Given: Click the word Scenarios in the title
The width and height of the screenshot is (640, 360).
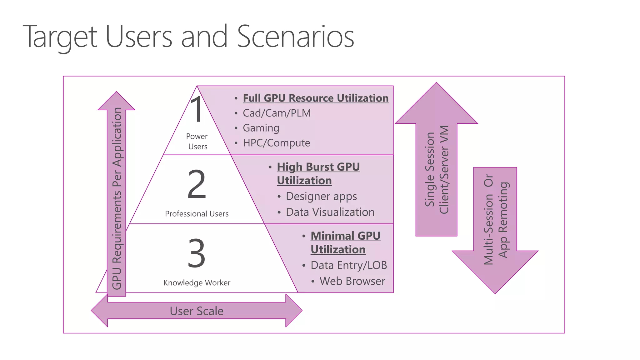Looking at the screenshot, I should click(295, 37).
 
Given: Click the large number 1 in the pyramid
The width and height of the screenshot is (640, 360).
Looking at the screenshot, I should click(197, 109).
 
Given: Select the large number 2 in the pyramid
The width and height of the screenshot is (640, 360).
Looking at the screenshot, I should click(197, 184).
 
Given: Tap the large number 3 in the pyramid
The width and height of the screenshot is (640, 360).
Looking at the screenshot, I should click(197, 253).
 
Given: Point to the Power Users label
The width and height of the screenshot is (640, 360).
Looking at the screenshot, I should click(197, 141).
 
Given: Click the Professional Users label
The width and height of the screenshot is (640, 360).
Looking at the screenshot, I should click(197, 214).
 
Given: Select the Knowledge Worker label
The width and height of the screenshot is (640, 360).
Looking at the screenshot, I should click(197, 282).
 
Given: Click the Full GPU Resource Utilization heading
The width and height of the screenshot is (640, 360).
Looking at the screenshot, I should click(316, 98).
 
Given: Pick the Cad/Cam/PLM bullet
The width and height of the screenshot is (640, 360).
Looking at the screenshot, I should click(277, 113).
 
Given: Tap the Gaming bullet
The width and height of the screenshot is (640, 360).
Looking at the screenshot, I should click(261, 128).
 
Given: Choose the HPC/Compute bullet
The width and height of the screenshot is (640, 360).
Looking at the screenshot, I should click(277, 143).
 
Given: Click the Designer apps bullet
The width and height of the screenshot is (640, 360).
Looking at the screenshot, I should click(321, 196).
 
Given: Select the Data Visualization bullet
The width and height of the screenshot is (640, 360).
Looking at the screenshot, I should click(330, 212).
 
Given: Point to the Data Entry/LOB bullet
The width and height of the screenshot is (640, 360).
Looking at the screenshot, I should click(349, 265).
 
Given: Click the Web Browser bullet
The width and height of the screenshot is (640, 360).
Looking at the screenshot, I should click(352, 281).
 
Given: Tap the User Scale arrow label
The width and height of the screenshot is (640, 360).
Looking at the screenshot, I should click(197, 311).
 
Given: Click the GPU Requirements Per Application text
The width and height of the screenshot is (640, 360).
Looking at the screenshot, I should click(117, 198).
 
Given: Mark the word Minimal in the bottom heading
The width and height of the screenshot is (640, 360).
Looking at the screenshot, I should click(332, 236).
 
